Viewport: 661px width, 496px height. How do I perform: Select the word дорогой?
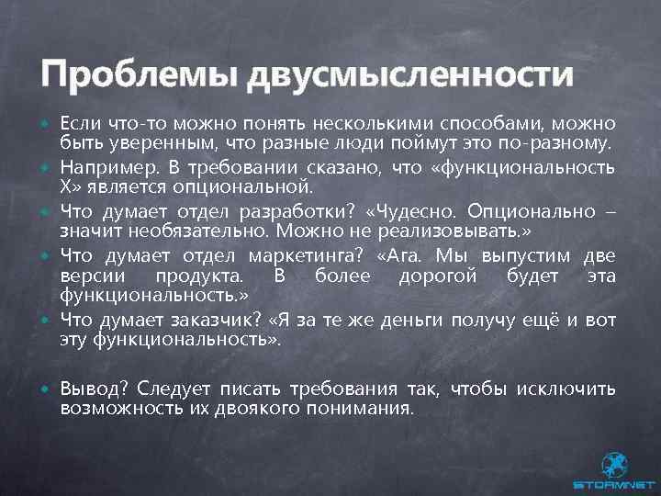tap(431, 275)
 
